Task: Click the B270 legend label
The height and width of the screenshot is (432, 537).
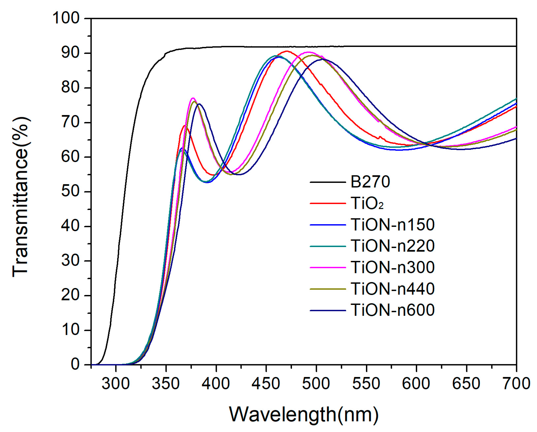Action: click(x=370, y=182)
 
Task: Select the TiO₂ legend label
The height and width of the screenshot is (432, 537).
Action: click(x=367, y=204)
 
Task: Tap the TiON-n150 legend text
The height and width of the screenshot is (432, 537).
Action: click(x=392, y=225)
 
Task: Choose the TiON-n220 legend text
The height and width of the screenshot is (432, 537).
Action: click(x=392, y=246)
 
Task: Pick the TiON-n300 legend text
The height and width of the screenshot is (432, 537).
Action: click(x=392, y=267)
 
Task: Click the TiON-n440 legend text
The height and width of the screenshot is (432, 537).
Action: click(x=392, y=289)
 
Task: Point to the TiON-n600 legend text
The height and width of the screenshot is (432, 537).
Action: click(x=392, y=310)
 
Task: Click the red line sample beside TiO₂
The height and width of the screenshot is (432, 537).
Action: click(x=328, y=204)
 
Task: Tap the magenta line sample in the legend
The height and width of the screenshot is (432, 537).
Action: click(x=328, y=268)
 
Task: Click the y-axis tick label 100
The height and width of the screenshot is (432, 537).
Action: click(x=66, y=19)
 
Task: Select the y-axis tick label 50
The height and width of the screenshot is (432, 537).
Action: click(x=71, y=192)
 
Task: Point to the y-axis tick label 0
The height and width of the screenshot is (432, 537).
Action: click(x=75, y=365)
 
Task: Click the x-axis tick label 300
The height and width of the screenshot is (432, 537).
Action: click(x=116, y=384)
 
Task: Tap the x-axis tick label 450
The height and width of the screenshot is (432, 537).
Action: click(x=266, y=384)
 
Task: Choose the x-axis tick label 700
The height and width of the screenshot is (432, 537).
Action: click(x=516, y=384)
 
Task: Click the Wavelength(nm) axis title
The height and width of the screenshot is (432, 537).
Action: click(x=303, y=415)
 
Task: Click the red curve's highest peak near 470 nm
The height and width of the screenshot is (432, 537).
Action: click(x=287, y=51)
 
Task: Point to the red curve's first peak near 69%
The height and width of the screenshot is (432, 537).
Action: click(x=185, y=125)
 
